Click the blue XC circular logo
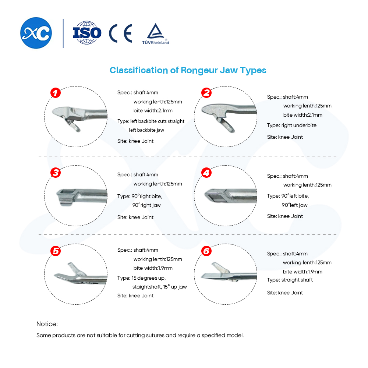click(36, 33)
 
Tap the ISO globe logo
click(87, 33)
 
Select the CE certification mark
click(120, 33)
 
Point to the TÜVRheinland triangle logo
click(156, 33)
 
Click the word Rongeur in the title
click(199, 70)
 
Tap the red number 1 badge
click(56, 93)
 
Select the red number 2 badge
click(206, 93)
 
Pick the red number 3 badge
click(56, 173)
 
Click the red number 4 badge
click(206, 173)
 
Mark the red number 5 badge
click(56, 251)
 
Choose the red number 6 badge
click(206, 251)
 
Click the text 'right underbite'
click(299, 125)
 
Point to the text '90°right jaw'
click(146, 205)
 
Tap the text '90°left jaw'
click(294, 205)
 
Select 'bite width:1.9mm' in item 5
click(153, 268)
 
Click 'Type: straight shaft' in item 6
click(290, 280)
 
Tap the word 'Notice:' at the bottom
click(47, 324)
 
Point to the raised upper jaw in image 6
click(220, 268)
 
